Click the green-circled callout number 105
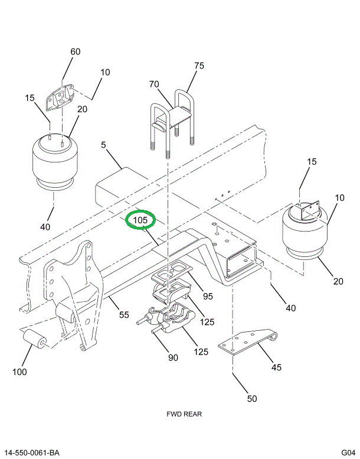(x=140, y=220)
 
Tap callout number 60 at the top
(x=75, y=51)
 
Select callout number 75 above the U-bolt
(x=199, y=66)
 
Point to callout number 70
(x=154, y=84)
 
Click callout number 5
(x=103, y=145)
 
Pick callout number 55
(x=124, y=315)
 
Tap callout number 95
(x=208, y=296)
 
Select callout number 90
(x=173, y=358)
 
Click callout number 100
(x=19, y=372)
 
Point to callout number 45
(x=276, y=367)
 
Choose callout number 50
(x=252, y=399)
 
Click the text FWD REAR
(x=184, y=414)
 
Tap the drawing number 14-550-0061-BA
(x=32, y=453)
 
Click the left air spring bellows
(x=55, y=162)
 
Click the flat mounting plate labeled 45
(x=247, y=342)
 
